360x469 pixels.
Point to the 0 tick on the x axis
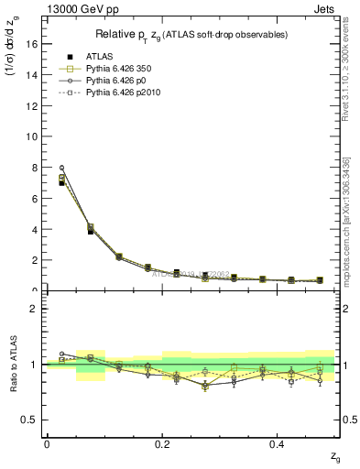(46, 444)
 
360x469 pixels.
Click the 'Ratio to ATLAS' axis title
(12, 364)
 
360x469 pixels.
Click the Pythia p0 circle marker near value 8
(61, 168)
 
